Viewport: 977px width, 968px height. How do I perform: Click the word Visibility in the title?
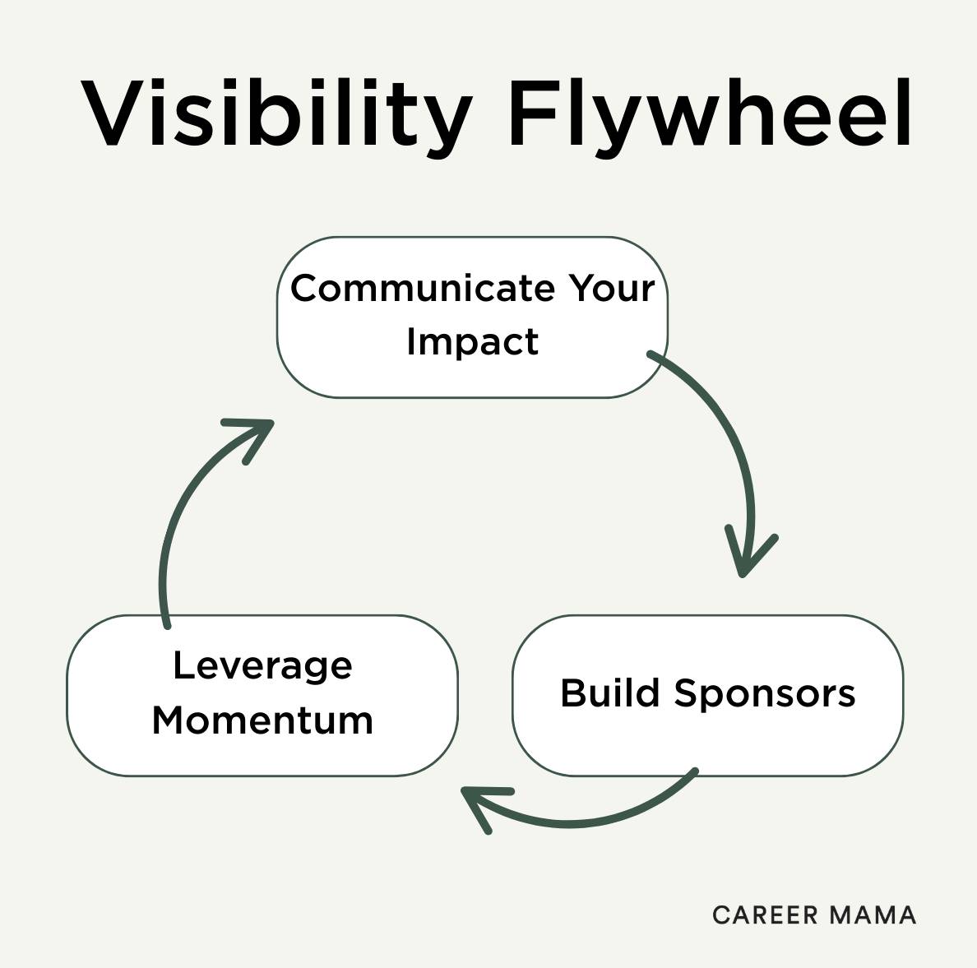(277, 113)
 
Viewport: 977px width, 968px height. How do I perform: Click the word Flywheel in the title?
(710, 113)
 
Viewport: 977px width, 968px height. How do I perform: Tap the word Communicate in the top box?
(423, 288)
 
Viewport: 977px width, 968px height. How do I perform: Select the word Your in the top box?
(611, 288)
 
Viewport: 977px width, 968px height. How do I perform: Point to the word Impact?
(472, 341)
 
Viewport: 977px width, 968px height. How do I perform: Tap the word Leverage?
(262, 666)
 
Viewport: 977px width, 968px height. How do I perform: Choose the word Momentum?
(262, 720)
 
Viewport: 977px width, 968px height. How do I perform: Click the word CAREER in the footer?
(766, 915)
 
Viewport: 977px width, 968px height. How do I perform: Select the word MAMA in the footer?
(873, 915)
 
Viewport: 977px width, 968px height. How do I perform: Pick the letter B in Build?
(573, 692)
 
